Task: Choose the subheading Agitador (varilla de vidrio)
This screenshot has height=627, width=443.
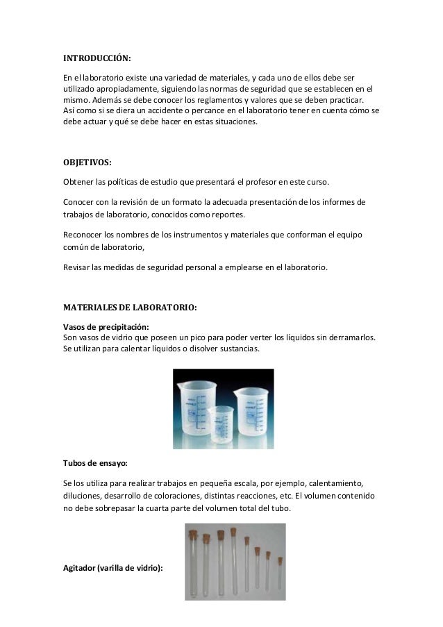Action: [113, 569]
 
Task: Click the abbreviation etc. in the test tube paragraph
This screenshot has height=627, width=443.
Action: [285, 496]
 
